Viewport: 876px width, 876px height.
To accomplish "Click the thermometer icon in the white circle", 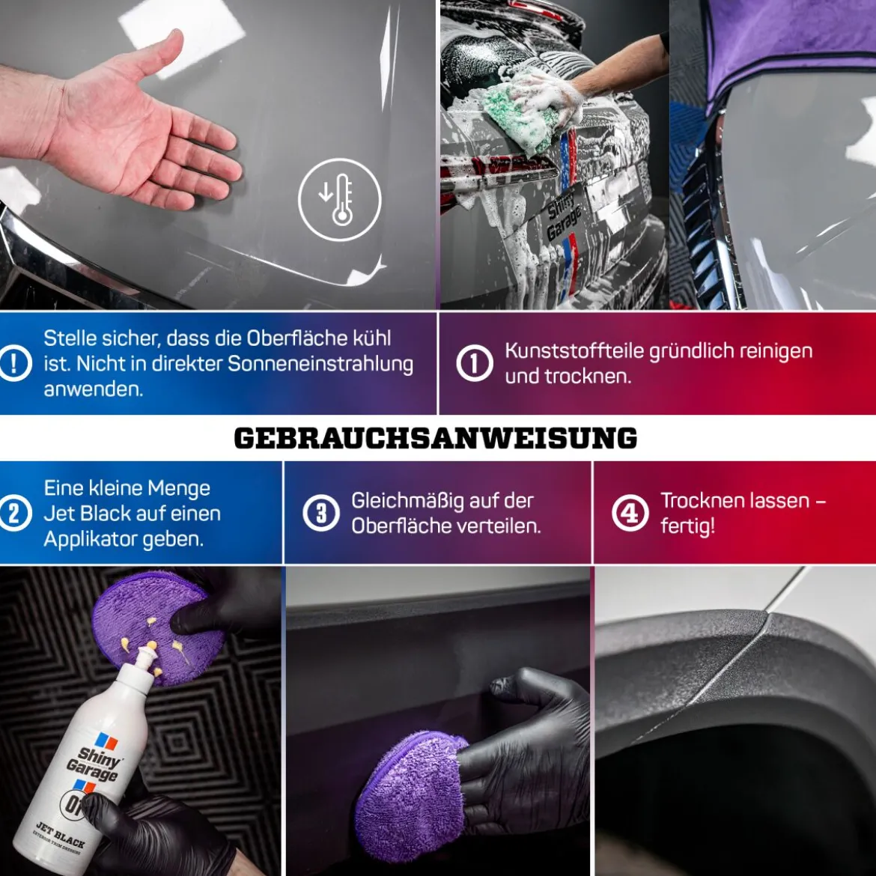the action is (x=340, y=199).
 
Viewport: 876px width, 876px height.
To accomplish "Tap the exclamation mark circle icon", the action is (x=14, y=364).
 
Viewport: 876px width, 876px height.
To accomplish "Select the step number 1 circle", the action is (x=475, y=363).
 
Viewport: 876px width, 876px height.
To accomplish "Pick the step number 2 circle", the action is (x=14, y=513).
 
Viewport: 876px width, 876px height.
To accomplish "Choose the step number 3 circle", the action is (x=321, y=513).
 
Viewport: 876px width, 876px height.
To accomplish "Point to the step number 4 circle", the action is (x=630, y=513).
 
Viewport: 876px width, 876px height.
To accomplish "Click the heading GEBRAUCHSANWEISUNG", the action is (x=436, y=438).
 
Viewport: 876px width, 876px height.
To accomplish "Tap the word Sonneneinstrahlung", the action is (x=320, y=364).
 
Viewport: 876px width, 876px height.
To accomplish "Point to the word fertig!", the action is (x=688, y=526).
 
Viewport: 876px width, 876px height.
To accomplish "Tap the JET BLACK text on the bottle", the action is (x=61, y=833).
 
